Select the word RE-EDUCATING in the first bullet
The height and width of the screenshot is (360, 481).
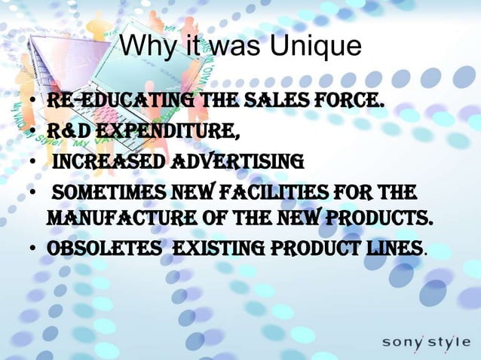111,101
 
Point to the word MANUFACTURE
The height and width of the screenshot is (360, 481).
120,218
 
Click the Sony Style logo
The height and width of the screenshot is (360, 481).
425,341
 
